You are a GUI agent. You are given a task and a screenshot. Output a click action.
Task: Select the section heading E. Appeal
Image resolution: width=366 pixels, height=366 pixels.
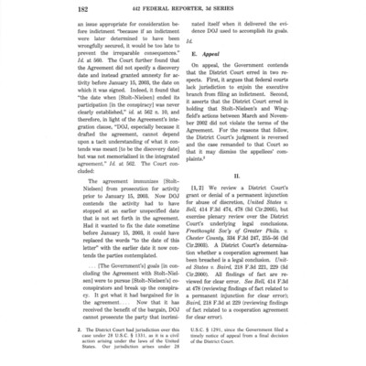pos(210,81)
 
